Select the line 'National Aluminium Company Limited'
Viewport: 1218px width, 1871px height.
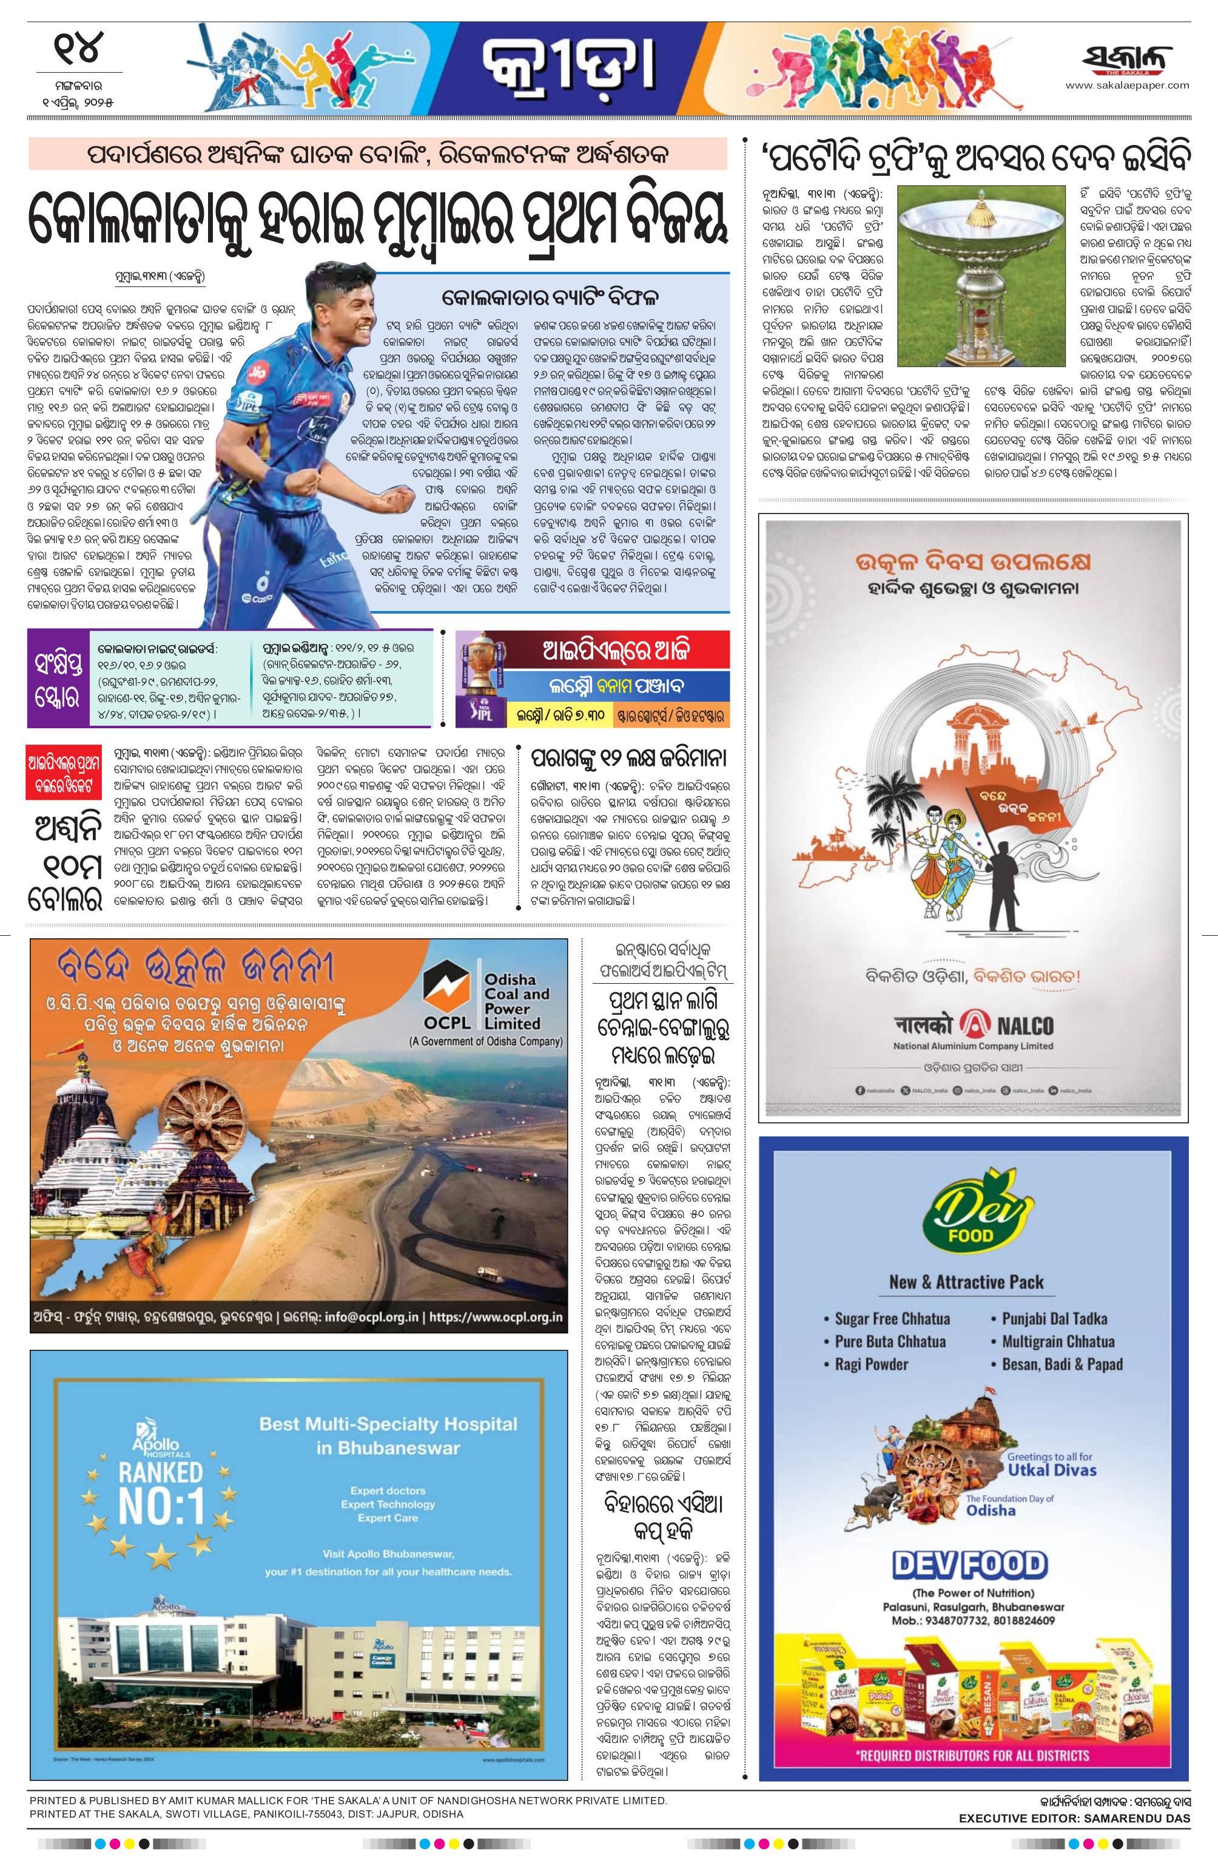973,1046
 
